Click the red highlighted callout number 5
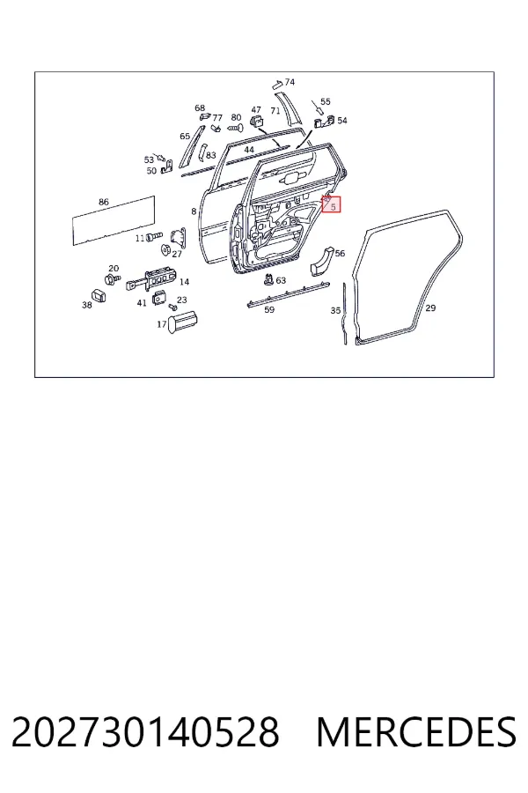tap(333, 207)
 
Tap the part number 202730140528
tap(145, 732)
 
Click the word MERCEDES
tap(416, 732)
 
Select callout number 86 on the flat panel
tap(104, 202)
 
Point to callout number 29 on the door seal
tap(430, 308)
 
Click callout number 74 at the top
tap(290, 82)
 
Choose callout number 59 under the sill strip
tap(269, 309)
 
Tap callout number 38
tap(87, 305)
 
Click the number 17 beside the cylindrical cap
tap(162, 324)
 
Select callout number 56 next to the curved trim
tap(340, 254)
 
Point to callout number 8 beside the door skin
tap(194, 211)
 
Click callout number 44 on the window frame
tap(249, 150)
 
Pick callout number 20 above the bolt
tap(114, 269)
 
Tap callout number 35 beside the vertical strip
tap(335, 310)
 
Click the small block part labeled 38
tap(99, 295)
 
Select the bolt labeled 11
tap(154, 236)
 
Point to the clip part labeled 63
tap(269, 278)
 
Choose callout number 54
tap(342, 121)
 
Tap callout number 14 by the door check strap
tap(185, 282)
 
